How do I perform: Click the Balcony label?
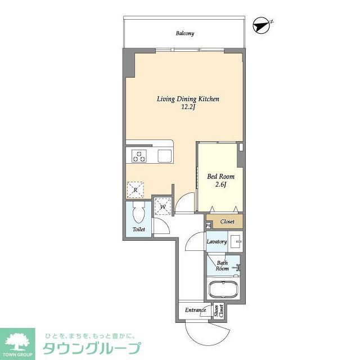click(184, 34)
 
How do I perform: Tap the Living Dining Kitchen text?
click(187, 99)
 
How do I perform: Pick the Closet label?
click(227, 221)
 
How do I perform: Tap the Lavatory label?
click(217, 242)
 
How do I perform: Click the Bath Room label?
click(223, 265)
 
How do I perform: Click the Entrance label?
click(195, 310)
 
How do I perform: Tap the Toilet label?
click(138, 229)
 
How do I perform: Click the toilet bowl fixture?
click(138, 214)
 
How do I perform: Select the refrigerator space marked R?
click(136, 190)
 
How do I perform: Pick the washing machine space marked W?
click(163, 206)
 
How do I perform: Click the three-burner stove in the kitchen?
click(139, 156)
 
